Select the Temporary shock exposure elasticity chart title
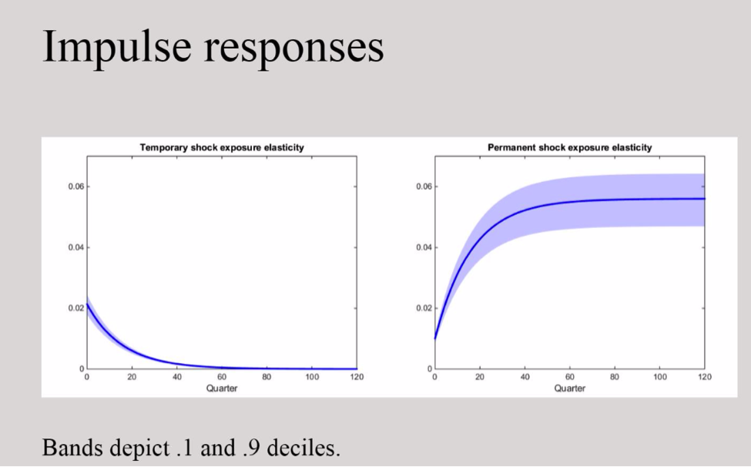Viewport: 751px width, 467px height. pos(222,147)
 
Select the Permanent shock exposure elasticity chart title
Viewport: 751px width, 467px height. pos(569,147)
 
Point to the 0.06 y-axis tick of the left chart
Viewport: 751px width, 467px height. pos(76,186)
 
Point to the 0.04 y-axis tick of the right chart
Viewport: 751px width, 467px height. pos(424,247)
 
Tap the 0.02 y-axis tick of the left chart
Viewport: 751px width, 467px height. pos(76,308)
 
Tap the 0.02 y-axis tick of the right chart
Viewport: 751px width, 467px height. pos(424,308)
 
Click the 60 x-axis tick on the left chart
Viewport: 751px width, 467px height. pos(222,377)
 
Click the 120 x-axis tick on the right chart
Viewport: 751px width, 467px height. pos(705,377)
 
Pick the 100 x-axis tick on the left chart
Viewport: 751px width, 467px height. pos(312,377)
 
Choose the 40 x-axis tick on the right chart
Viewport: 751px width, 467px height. pos(525,377)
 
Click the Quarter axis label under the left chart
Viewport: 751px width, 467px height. pos(222,388)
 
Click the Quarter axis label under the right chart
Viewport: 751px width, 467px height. pos(569,388)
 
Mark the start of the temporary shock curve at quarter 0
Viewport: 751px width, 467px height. pos(87,304)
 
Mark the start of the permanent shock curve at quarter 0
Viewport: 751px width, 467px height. pos(435,338)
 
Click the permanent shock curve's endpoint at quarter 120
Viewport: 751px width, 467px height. pos(705,199)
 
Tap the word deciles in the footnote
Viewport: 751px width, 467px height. pos(303,448)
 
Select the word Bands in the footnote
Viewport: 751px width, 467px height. pos(72,448)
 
